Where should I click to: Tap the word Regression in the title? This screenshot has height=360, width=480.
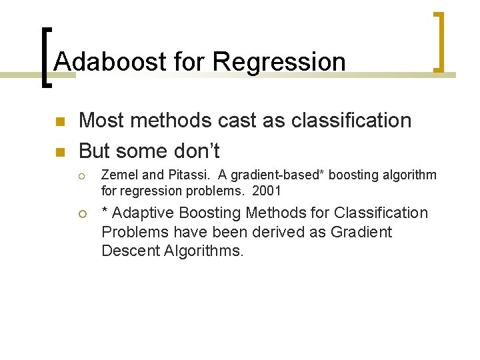[279, 62]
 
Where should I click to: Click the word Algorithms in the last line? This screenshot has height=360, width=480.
[204, 251]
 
